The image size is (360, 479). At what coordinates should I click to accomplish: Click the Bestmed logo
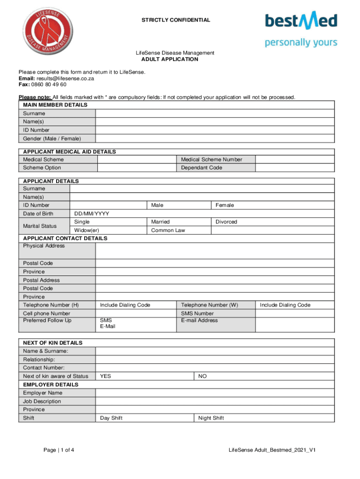tap(301, 29)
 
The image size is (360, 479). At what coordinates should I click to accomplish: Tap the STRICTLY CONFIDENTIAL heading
tap(176, 20)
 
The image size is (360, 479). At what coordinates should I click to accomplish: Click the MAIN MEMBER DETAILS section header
tap(55, 105)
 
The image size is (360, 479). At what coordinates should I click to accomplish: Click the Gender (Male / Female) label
tap(52, 138)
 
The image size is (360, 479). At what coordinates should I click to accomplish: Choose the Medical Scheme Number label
tap(212, 160)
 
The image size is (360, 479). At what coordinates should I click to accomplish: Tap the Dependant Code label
tap(202, 167)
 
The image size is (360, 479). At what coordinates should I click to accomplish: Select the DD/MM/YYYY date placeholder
tap(92, 214)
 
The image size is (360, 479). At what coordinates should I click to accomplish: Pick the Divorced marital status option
tap(226, 222)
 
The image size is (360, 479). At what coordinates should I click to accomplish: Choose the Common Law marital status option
tap(168, 230)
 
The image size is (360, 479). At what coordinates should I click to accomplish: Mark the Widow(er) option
tap(86, 230)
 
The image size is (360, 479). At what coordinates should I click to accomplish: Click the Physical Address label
tap(44, 246)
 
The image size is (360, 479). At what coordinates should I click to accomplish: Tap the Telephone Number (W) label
tap(209, 305)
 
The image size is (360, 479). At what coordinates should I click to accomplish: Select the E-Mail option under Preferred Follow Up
tap(108, 327)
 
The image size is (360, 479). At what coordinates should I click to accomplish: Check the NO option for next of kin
tap(202, 376)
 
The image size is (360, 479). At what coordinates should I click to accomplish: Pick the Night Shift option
tap(211, 418)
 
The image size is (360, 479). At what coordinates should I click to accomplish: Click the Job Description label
tap(42, 401)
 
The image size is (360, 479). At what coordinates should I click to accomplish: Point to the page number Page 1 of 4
tap(59, 450)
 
